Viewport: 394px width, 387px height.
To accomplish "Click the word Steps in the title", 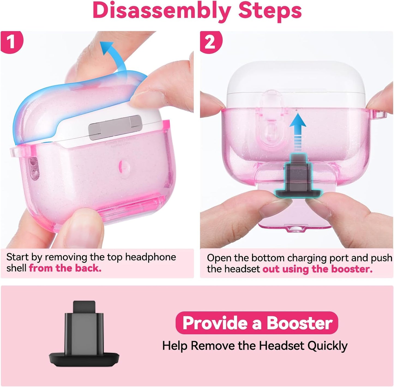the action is [270, 11].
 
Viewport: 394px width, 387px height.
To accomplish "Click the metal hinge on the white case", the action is [115, 127].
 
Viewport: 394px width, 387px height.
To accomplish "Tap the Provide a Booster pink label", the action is [257, 323].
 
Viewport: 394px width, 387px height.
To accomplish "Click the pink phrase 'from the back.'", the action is [65, 268].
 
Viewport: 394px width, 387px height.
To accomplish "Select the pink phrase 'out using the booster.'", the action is [317, 269].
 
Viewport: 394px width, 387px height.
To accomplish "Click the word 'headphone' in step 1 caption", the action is [151, 257].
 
